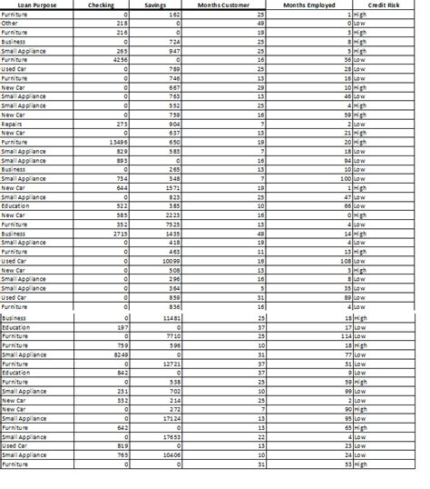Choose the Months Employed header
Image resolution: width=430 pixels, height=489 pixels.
(x=308, y=5)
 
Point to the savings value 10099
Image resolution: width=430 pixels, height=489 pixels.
(x=171, y=261)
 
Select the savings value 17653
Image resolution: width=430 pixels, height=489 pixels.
(x=171, y=437)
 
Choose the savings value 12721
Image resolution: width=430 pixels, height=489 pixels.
(x=171, y=364)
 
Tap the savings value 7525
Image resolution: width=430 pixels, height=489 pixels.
(x=172, y=225)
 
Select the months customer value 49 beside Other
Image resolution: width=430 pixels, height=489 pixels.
(x=259, y=24)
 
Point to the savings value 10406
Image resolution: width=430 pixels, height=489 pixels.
(x=171, y=455)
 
